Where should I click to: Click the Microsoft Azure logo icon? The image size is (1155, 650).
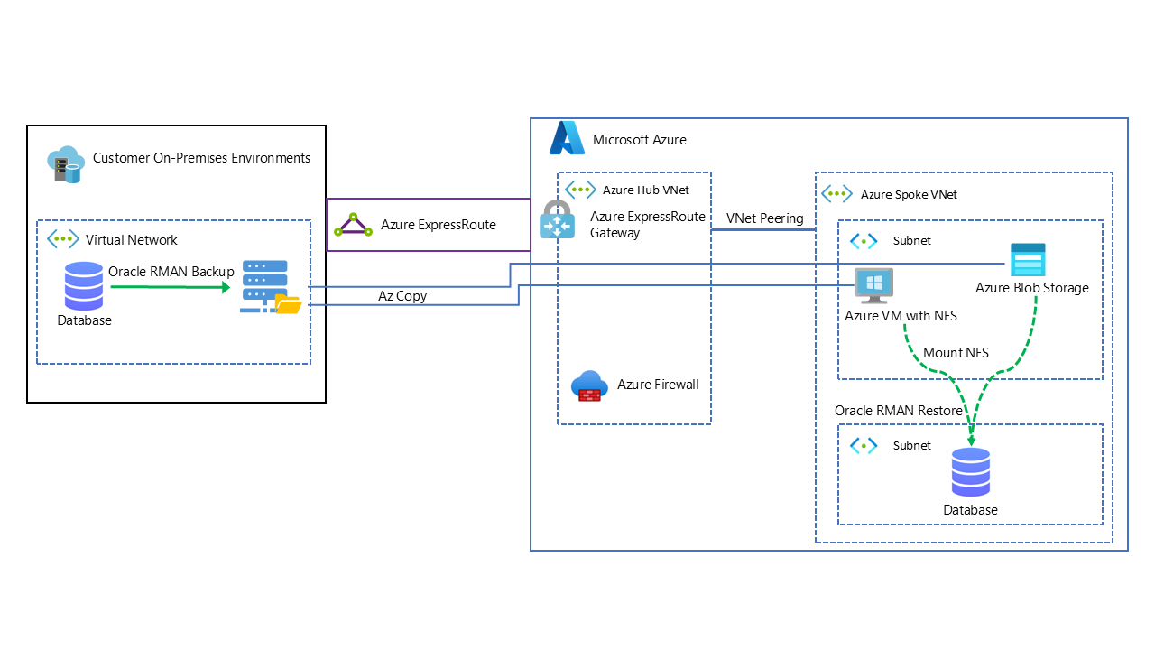(x=568, y=137)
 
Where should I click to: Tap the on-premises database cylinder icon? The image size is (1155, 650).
(x=83, y=285)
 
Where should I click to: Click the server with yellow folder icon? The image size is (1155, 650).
(x=269, y=288)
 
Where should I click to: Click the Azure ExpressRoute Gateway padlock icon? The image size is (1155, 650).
(x=557, y=219)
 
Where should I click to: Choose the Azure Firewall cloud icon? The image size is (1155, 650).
(x=590, y=385)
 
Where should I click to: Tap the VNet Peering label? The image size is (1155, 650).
(x=764, y=218)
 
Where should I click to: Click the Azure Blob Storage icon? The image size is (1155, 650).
(x=1028, y=260)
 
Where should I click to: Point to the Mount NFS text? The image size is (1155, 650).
(x=956, y=352)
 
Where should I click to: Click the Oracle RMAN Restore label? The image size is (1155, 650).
(x=898, y=411)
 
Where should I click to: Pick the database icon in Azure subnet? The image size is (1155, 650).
(x=971, y=472)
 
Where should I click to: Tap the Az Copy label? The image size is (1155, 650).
(x=402, y=296)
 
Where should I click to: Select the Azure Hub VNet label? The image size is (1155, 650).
(x=646, y=190)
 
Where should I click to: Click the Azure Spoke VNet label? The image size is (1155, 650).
(x=909, y=194)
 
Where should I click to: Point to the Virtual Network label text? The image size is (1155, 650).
(x=132, y=240)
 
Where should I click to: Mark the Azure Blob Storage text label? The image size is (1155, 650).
(x=1032, y=288)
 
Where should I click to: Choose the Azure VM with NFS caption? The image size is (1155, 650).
(x=901, y=316)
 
